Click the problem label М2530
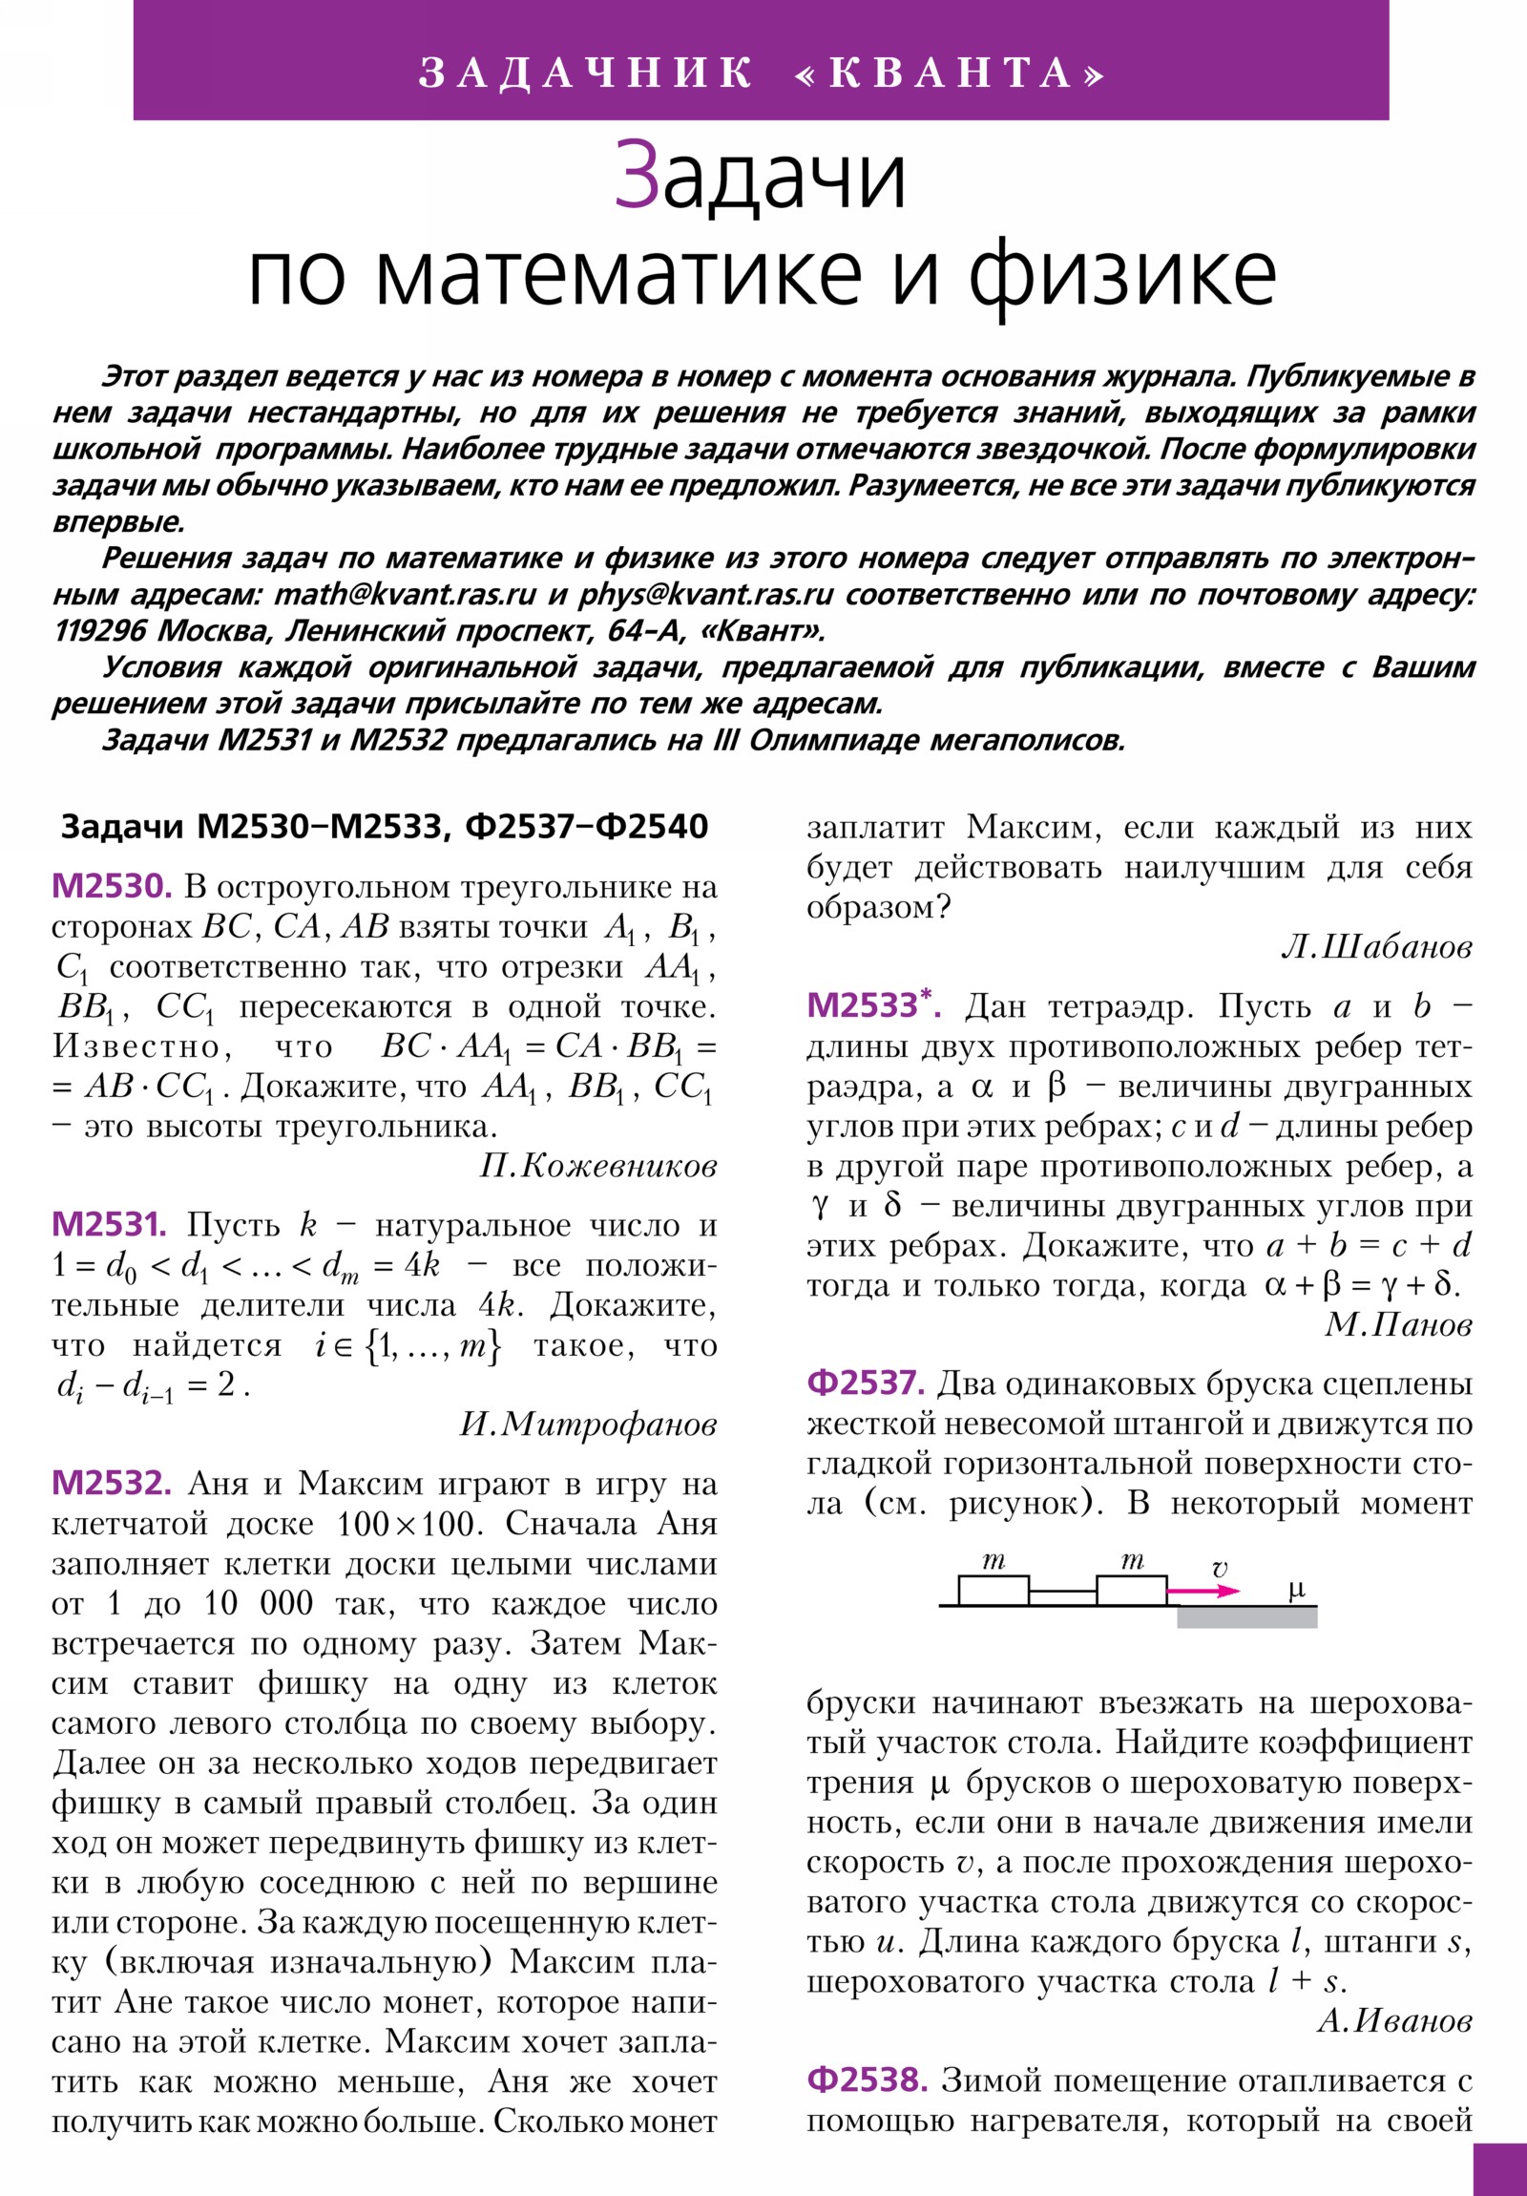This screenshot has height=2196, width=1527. pos(111,887)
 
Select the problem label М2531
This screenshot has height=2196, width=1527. pos(109,1224)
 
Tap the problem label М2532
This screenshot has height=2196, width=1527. pos(111,1484)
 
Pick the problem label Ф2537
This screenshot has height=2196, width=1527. pos(866,1383)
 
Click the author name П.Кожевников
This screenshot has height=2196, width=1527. pos(597,1166)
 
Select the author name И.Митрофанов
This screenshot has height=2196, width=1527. pos(588,1425)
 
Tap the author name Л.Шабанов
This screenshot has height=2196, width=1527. pos(1376,947)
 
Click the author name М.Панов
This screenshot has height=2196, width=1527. pos(1397,1324)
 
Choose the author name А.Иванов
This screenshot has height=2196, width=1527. pos(1394,2020)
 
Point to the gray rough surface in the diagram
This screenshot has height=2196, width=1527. pos(1245,1617)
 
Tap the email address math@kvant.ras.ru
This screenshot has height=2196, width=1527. pos(405,595)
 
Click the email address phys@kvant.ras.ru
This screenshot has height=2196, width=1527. pos(705,595)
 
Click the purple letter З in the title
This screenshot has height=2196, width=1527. pos(636,176)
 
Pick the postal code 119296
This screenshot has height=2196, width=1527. pos(99,631)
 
